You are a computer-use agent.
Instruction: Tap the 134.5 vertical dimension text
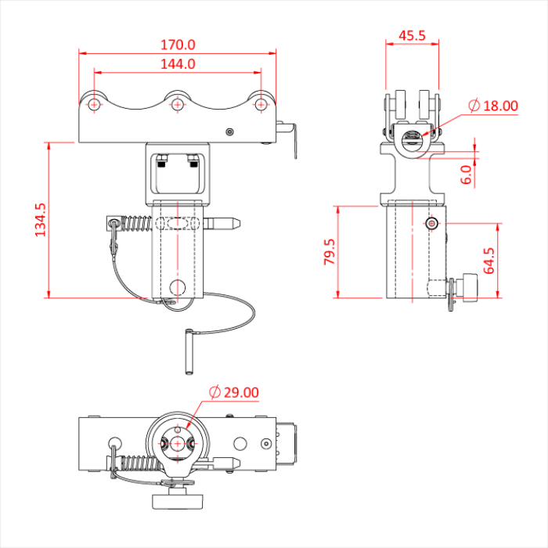(x=40, y=219)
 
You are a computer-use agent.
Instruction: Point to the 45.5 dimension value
(x=412, y=35)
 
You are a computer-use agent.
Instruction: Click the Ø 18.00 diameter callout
(x=493, y=106)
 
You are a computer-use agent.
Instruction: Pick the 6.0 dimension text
(x=466, y=174)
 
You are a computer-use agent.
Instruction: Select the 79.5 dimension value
(x=330, y=252)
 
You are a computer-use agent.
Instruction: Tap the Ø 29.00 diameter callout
(x=233, y=392)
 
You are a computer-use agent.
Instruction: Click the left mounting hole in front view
(x=95, y=103)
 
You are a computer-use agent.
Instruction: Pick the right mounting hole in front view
(x=260, y=103)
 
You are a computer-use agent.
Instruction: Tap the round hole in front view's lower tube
(x=178, y=285)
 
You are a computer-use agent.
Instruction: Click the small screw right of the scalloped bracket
(x=229, y=132)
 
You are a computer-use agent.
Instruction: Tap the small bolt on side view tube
(x=432, y=224)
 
